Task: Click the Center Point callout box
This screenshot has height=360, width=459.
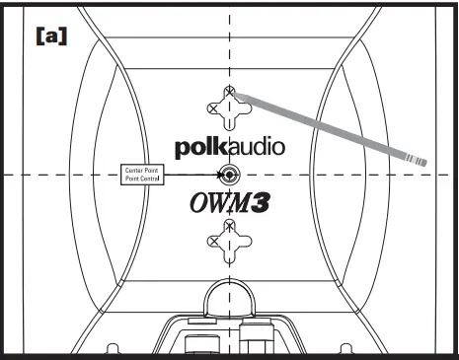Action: (141, 174)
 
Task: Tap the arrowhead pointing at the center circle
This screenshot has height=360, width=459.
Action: (218, 176)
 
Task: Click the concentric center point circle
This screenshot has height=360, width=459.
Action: (230, 176)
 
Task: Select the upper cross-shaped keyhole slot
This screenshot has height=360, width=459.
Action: (230, 110)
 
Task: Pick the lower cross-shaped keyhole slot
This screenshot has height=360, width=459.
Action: (230, 239)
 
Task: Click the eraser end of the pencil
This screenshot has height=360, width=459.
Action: (422, 160)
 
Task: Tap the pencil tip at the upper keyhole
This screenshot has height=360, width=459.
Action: (233, 94)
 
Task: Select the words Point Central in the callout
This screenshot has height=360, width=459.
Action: (141, 179)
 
